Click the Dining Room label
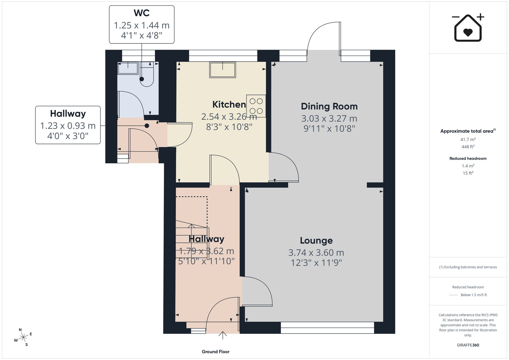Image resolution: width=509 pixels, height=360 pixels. [x=329, y=106]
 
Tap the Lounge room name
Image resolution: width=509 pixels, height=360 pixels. [x=316, y=240]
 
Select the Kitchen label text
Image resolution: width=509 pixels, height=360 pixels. [x=229, y=105]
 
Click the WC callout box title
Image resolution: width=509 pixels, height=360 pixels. [x=142, y=13]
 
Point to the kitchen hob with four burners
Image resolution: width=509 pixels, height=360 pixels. [x=256, y=106]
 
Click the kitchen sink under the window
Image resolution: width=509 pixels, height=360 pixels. [x=223, y=70]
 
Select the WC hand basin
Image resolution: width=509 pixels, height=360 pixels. [x=128, y=68]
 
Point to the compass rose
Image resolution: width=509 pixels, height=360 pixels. [x=23, y=337]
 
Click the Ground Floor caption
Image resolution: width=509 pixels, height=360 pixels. [x=216, y=352]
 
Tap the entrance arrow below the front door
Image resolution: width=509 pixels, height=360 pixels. [x=223, y=335]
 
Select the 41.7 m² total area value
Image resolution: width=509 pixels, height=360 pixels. [x=468, y=139]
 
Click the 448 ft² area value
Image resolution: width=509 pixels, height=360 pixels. [x=468, y=147]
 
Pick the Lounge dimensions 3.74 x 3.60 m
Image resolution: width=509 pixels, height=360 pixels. [x=316, y=253]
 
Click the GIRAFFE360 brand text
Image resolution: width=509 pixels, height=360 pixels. [x=468, y=345]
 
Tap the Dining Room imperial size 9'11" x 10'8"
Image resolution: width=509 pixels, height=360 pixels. [x=329, y=129]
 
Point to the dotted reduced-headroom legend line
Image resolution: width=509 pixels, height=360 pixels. [x=454, y=295]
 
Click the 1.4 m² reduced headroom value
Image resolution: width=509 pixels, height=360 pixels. [x=468, y=166]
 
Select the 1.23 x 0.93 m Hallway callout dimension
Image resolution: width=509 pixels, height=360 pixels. [x=68, y=126]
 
